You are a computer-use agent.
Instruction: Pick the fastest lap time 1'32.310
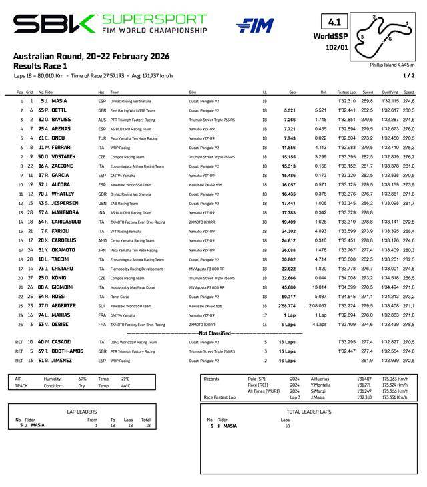(x=347, y=101)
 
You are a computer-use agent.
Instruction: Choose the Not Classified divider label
(x=213, y=333)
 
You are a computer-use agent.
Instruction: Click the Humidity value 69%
(x=83, y=378)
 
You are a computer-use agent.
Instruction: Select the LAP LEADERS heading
(x=83, y=412)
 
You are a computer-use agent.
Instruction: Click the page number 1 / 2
(x=408, y=75)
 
